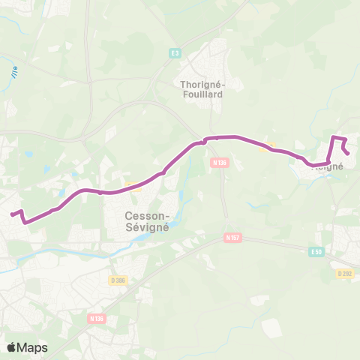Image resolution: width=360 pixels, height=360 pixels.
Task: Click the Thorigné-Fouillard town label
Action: click(x=202, y=89)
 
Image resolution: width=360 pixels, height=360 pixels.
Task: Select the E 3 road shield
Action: click(x=175, y=52)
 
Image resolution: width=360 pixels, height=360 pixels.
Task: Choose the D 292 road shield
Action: click(x=344, y=274)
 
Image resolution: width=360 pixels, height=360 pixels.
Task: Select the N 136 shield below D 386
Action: click(x=97, y=318)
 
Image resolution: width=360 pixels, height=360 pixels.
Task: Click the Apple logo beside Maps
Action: click(x=12, y=347)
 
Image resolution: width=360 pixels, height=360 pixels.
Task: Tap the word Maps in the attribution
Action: click(x=33, y=347)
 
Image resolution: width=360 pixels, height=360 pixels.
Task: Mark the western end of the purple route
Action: click(x=11, y=214)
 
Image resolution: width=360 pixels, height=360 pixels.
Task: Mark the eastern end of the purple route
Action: click(x=349, y=154)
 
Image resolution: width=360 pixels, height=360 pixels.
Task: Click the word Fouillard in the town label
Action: click(x=202, y=94)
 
